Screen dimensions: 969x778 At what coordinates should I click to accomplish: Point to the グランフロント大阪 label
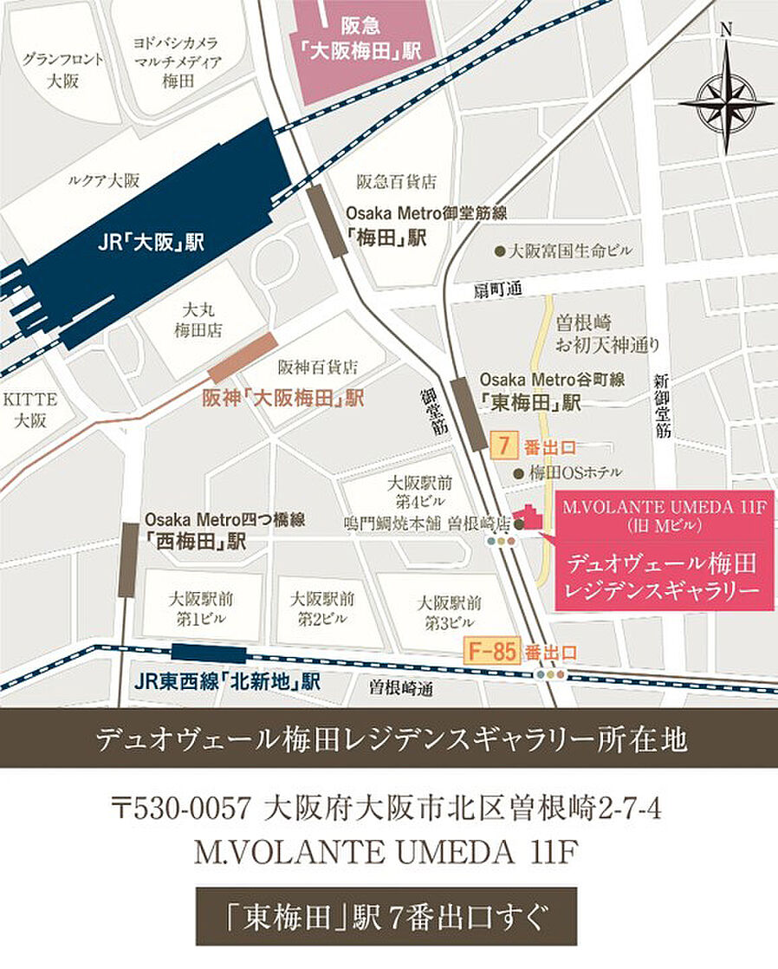click(63, 70)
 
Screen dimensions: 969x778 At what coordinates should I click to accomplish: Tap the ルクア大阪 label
click(103, 181)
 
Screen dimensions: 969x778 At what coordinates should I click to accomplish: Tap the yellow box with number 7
click(503, 447)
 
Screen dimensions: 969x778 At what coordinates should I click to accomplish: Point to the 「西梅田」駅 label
click(196, 542)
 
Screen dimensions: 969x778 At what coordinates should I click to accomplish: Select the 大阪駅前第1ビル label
click(201, 608)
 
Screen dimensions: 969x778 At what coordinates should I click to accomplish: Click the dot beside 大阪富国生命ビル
click(499, 252)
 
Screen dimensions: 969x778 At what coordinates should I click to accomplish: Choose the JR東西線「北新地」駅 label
click(228, 682)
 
